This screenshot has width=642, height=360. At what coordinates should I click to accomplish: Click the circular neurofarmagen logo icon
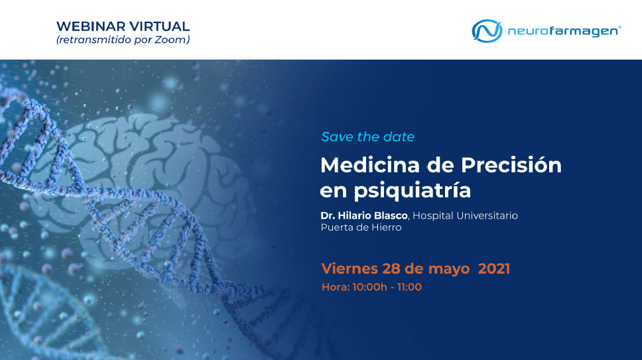click(x=487, y=30)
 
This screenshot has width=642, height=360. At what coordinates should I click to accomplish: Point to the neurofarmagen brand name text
click(x=564, y=31)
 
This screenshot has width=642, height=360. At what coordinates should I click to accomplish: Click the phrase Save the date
click(x=367, y=137)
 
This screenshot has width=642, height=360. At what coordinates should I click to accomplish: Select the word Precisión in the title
click(x=511, y=165)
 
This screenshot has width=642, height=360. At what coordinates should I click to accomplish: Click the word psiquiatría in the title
click(x=413, y=191)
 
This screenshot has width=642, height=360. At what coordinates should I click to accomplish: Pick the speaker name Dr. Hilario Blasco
click(x=364, y=215)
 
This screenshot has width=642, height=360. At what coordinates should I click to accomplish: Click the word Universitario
click(x=487, y=215)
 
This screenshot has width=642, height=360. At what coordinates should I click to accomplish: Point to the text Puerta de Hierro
click(x=361, y=227)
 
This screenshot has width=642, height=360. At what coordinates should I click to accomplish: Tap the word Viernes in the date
click(x=350, y=269)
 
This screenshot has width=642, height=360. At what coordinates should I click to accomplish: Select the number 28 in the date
click(x=391, y=269)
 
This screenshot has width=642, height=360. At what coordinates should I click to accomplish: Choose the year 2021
click(x=494, y=269)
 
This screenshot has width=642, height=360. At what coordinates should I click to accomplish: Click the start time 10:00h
click(x=369, y=287)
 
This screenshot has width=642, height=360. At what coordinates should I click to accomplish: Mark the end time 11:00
click(x=409, y=287)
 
